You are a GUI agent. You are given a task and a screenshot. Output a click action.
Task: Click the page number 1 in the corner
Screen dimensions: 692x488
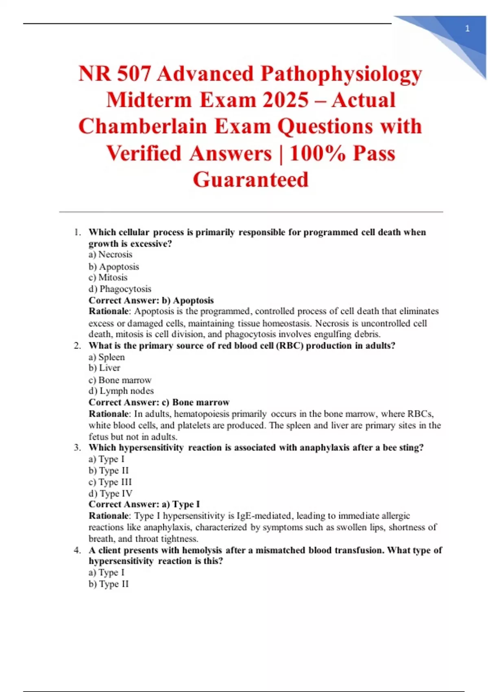pyautogui.click(x=467, y=28)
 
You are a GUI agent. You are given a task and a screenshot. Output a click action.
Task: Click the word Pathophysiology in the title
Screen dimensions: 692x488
pyautogui.click(x=341, y=74)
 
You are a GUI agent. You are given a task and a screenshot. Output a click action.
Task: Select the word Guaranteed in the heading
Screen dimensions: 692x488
pyautogui.click(x=251, y=180)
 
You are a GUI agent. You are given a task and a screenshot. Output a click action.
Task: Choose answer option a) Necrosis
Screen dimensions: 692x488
pyautogui.click(x=110, y=254)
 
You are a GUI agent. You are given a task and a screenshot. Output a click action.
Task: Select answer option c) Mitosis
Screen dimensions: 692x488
pyautogui.click(x=108, y=277)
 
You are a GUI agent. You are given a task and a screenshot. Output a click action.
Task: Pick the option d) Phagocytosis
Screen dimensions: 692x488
pyautogui.click(x=120, y=289)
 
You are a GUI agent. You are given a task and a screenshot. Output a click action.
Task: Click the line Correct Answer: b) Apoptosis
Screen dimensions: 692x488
pyautogui.click(x=151, y=300)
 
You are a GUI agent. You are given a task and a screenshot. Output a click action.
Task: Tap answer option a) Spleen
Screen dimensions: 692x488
pyautogui.click(x=107, y=357)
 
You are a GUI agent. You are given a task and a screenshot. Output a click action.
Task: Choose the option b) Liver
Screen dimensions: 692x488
pyautogui.click(x=104, y=368)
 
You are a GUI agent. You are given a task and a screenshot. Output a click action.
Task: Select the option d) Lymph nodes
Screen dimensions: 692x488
pyautogui.click(x=121, y=391)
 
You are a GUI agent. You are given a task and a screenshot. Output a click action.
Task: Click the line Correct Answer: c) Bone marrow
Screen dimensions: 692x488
pyautogui.click(x=159, y=402)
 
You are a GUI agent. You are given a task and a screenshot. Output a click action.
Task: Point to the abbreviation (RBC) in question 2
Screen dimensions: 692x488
pyautogui.click(x=290, y=346)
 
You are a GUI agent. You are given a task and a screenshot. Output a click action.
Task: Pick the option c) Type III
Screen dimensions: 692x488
pyautogui.click(x=110, y=482)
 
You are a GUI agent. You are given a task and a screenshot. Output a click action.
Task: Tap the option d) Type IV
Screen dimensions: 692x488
pyautogui.click(x=110, y=493)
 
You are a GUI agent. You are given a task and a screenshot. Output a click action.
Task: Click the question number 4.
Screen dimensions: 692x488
pyautogui.click(x=77, y=550)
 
